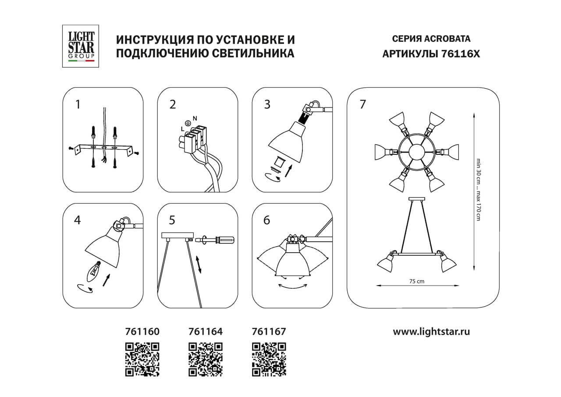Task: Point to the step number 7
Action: [362, 105]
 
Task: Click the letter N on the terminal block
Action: [195, 118]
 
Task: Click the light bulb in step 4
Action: [94, 268]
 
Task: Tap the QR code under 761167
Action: [269, 359]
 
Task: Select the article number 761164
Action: [205, 332]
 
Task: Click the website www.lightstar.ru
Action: [431, 332]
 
